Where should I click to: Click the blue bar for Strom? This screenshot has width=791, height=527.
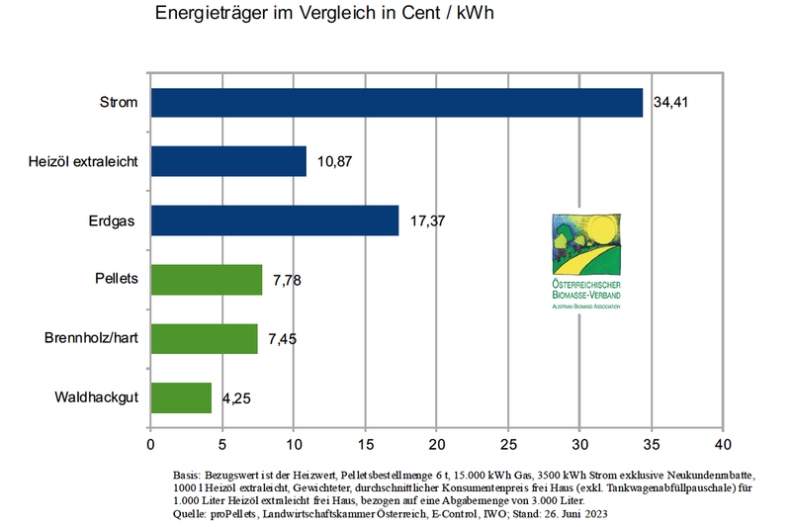coord(395,103)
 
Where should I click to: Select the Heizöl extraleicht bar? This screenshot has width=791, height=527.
coord(228,161)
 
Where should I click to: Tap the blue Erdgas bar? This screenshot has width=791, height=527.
coord(274,220)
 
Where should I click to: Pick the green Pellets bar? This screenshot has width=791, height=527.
coord(206,280)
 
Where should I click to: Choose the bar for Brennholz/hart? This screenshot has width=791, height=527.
coord(204,339)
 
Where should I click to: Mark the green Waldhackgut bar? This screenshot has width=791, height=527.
coord(181,397)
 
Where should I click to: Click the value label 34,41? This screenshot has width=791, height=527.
coord(670,103)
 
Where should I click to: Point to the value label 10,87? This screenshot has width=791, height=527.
coord(335,162)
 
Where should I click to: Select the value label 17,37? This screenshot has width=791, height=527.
coord(426,221)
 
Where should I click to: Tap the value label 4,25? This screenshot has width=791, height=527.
coord(237,400)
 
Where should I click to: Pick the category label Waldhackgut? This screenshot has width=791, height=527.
coord(96,397)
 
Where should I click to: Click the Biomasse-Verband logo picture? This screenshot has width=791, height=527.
coord(585,259)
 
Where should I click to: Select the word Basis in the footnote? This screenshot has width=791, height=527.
coord(187,476)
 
